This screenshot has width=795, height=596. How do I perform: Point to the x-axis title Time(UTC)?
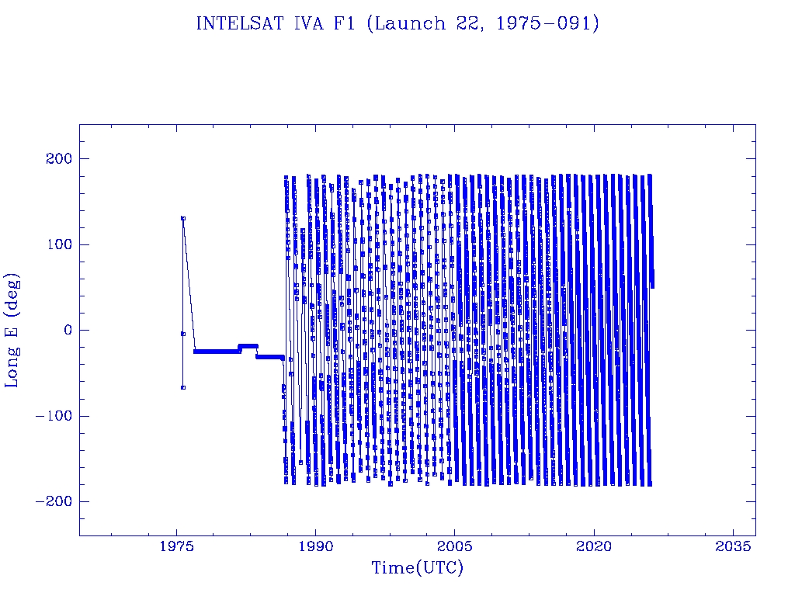coord(417,568)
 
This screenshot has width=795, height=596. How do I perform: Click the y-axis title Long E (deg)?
coord(13,330)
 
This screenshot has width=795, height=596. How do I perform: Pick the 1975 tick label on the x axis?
coord(177,546)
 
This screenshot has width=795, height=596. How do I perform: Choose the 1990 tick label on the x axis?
coord(316,546)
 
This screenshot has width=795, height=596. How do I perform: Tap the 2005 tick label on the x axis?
coord(455,546)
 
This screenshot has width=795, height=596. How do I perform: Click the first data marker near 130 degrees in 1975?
coord(183,218)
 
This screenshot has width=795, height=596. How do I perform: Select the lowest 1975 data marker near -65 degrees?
coord(183,387)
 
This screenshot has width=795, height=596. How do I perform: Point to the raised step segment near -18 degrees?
coord(248,345)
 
